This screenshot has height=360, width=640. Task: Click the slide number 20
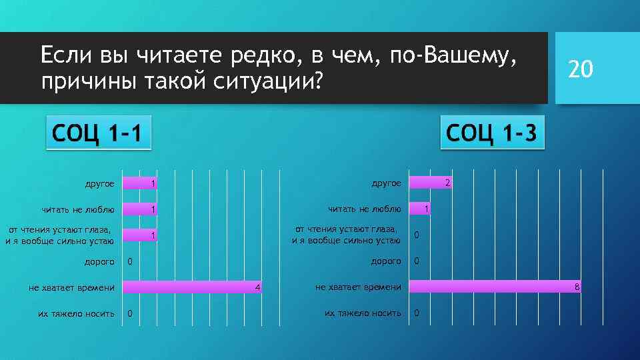coord(579,69)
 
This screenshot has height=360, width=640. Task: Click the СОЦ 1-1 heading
coord(96,133)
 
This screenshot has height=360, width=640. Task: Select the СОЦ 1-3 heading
coord(492,133)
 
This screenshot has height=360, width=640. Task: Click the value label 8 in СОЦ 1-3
coord(578,287)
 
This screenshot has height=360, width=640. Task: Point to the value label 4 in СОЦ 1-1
coord(257,287)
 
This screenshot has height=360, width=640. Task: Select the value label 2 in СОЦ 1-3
coord(448,183)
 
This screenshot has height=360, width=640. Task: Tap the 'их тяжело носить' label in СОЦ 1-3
coord(363,313)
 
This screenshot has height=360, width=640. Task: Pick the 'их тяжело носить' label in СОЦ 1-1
coord(76,313)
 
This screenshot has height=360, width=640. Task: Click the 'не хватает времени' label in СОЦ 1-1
coord(71,288)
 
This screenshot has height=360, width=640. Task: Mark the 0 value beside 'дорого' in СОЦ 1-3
coord(417,261)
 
